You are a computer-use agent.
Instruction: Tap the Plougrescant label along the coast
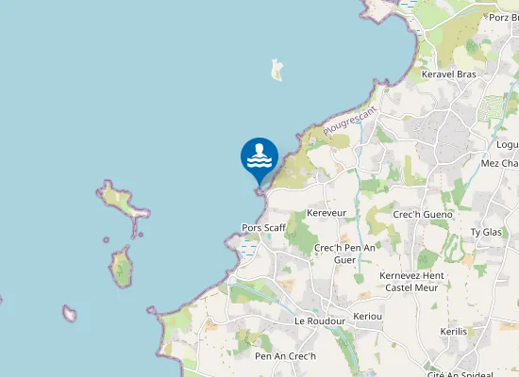pyautogui.click(x=349, y=120)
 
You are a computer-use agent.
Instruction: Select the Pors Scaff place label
pyautogui.click(x=263, y=227)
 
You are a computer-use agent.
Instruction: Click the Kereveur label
pyautogui.click(x=327, y=213)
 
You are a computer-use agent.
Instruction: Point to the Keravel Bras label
pyautogui.click(x=449, y=74)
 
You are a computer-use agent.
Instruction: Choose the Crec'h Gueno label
pyautogui.click(x=422, y=214)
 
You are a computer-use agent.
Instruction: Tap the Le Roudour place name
pyautogui.click(x=319, y=320)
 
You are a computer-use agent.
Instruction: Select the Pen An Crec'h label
pyautogui.click(x=285, y=356)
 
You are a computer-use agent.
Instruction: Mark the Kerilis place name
pyautogui.click(x=454, y=331)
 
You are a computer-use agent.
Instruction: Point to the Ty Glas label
pyautogui.click(x=486, y=232)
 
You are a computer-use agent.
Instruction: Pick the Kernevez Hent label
pyautogui.click(x=410, y=275)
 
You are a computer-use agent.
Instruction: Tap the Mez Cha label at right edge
pyautogui.click(x=499, y=163)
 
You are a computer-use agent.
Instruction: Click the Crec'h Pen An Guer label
pyautogui.click(x=344, y=253)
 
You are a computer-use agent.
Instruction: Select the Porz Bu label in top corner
pyautogui.click(x=503, y=17)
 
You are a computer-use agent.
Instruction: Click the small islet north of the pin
pyautogui.click(x=276, y=70)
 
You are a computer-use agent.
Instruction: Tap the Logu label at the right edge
pyautogui.click(x=507, y=144)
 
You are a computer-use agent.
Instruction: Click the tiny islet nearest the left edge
pyautogui.click(x=69, y=313)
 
